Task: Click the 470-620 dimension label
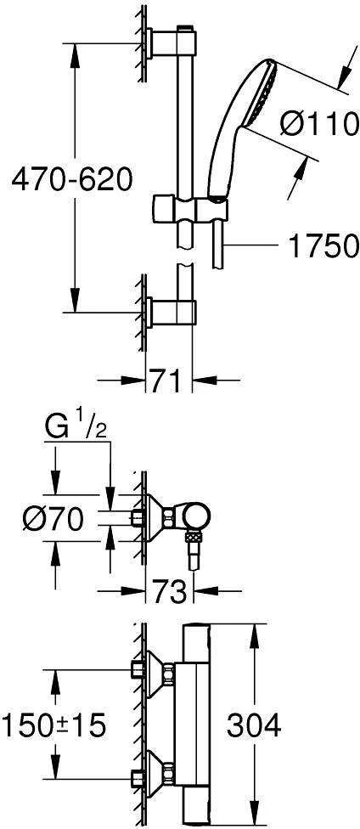[71, 180]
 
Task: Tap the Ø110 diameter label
[318, 126]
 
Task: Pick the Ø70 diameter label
[53, 520]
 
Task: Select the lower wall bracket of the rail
[171, 312]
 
